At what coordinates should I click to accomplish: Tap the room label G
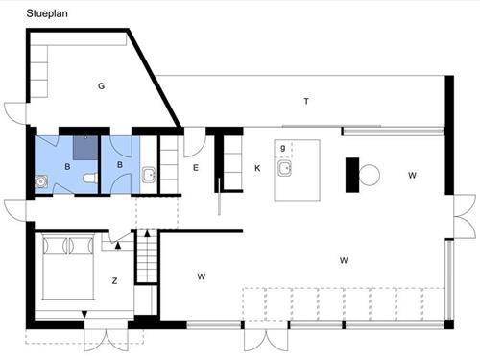click(101, 85)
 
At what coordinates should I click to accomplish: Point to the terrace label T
click(305, 101)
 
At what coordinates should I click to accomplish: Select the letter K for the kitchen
click(257, 168)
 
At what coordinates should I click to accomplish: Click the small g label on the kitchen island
click(282, 148)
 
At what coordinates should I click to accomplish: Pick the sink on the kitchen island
click(283, 169)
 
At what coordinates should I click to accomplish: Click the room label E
click(195, 168)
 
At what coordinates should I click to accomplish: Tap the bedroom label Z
click(114, 280)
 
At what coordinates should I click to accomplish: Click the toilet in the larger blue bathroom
click(89, 179)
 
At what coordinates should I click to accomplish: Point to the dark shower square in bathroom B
click(84, 147)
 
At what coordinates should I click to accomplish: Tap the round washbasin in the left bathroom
click(42, 180)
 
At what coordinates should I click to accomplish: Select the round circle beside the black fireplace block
click(370, 175)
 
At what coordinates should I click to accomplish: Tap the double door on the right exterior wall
click(464, 214)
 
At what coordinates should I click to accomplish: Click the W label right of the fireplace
click(412, 176)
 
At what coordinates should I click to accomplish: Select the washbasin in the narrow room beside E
click(149, 175)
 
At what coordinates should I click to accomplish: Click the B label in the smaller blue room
click(120, 165)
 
